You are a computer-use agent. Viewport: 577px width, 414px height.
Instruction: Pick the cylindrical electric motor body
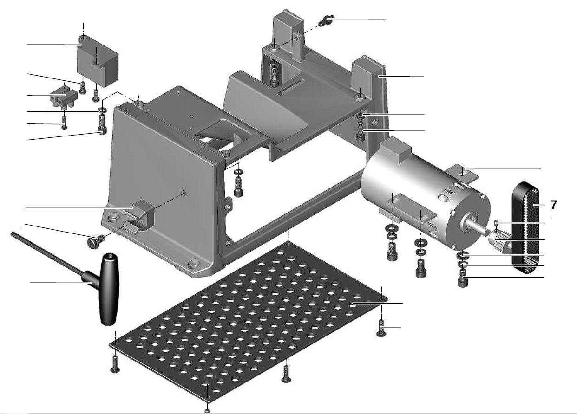[x=418, y=195]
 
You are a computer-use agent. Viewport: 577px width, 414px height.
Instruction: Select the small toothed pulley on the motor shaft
[x=499, y=239]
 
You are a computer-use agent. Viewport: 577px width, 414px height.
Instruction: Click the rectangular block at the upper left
[x=98, y=63]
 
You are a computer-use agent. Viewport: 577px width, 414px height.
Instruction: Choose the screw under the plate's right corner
[x=380, y=328]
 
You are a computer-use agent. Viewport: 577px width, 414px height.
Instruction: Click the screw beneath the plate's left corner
[x=115, y=363]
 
